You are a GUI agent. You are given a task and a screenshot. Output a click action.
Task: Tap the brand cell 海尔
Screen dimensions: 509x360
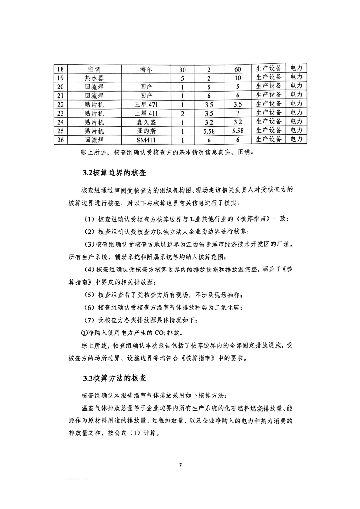pyautogui.click(x=146, y=69)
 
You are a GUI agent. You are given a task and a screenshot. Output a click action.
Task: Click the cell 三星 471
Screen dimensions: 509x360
pyautogui.click(x=146, y=104)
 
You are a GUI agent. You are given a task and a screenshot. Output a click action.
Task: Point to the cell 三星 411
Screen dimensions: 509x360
pyautogui.click(x=146, y=113)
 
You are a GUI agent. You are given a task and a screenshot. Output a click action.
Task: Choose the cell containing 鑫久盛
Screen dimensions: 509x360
pyautogui.click(x=146, y=122)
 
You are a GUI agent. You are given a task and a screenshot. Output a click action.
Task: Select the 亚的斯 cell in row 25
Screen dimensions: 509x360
pyautogui.click(x=146, y=131)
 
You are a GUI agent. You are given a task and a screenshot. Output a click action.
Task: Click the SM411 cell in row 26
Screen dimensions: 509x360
pyautogui.click(x=146, y=140)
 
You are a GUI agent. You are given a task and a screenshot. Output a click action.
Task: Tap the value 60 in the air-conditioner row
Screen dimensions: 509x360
pyautogui.click(x=238, y=69)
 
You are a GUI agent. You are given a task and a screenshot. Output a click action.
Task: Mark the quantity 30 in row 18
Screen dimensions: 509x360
pyautogui.click(x=182, y=69)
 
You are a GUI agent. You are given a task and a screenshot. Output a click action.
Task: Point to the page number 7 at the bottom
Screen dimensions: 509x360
pyautogui.click(x=180, y=465)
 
